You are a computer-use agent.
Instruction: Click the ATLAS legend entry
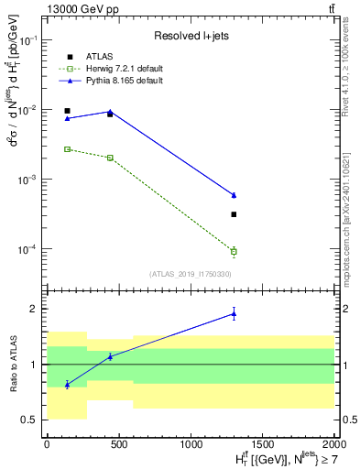(95, 57)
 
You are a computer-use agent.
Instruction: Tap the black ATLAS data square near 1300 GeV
(234, 214)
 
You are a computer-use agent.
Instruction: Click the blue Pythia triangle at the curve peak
(110, 112)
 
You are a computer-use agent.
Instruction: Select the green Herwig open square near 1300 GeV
(234, 251)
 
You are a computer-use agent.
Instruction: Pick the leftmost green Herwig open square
(67, 148)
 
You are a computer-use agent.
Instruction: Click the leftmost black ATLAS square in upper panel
(67, 111)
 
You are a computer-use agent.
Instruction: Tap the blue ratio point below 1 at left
(67, 385)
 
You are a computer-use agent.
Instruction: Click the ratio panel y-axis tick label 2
(34, 309)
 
